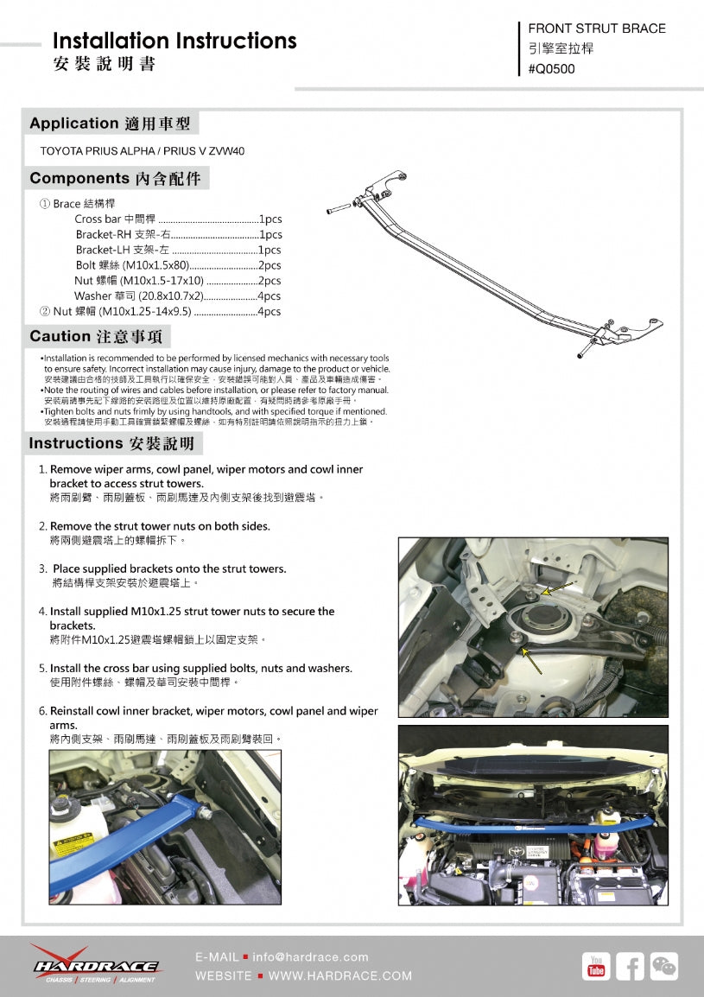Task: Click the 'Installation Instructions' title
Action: click(x=174, y=41)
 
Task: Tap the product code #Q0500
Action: click(x=551, y=69)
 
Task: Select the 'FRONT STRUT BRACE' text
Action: click(x=596, y=29)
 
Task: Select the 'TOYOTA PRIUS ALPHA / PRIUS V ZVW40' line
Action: click(x=143, y=150)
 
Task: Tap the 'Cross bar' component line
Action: click(x=178, y=219)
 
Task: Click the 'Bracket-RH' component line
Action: click(x=178, y=235)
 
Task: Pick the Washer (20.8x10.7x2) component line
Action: click(x=178, y=296)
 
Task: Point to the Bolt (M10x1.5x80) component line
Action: click(x=178, y=265)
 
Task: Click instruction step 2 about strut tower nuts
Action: click(x=160, y=526)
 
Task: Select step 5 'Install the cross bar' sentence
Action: click(x=200, y=669)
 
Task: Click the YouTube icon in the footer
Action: click(x=596, y=966)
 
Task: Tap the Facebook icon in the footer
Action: click(x=630, y=966)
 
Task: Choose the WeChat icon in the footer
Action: click(x=663, y=966)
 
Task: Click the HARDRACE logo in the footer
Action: click(x=95, y=963)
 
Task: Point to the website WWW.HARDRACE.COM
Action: click(x=340, y=976)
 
